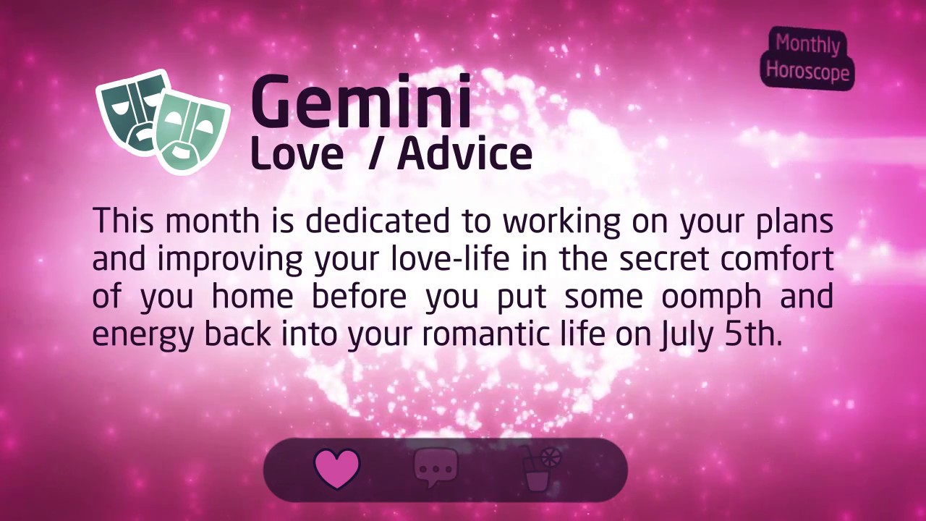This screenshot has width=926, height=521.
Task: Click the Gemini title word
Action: pyautogui.click(x=360, y=103)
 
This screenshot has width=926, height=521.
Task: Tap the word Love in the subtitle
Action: pyautogui.click(x=297, y=154)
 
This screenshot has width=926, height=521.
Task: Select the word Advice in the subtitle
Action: pyautogui.click(x=464, y=153)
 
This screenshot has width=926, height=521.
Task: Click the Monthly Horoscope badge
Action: pyautogui.click(x=807, y=58)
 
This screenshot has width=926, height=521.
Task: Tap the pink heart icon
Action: pyautogui.click(x=337, y=469)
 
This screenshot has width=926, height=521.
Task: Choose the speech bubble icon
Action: pyautogui.click(x=436, y=467)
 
